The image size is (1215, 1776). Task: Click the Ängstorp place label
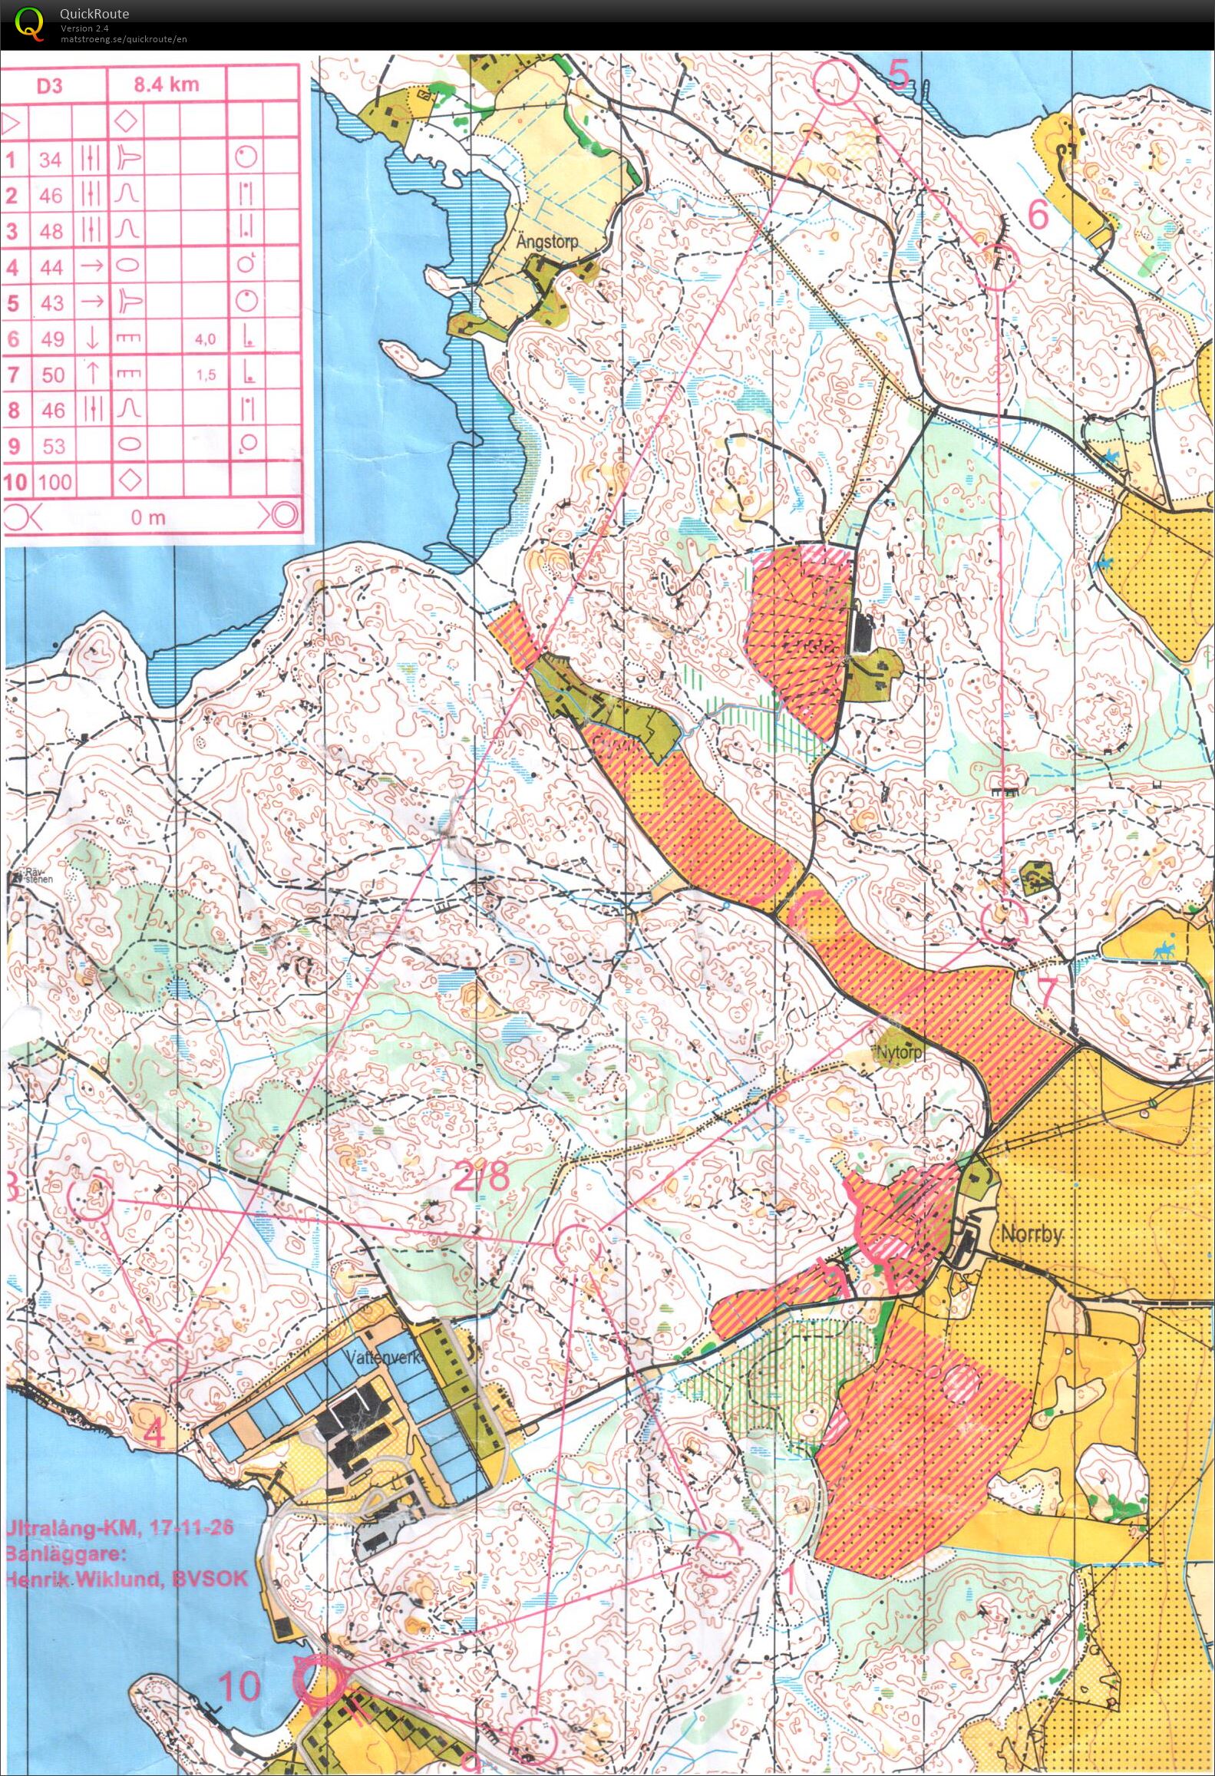546,241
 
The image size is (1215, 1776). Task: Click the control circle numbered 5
836,82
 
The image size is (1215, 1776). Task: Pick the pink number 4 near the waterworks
154,1434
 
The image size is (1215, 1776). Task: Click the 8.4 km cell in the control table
166,85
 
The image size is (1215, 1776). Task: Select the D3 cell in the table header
50,85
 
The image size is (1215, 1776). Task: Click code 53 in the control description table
53,446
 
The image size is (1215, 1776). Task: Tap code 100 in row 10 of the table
54,482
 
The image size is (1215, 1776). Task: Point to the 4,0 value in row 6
205,339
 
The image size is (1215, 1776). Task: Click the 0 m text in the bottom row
148,517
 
